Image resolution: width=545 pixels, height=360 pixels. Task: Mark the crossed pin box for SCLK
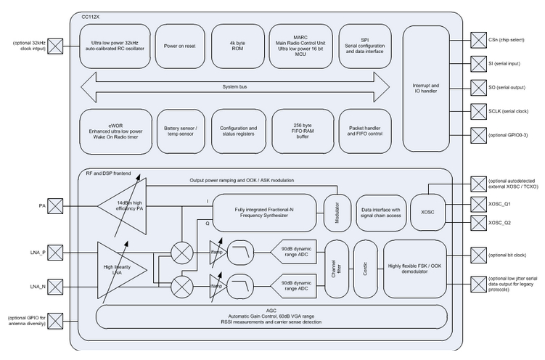pyautogui.click(x=478, y=110)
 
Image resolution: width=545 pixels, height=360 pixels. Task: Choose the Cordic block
pyautogui.click(x=366, y=269)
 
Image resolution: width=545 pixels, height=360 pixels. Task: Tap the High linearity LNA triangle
pyautogui.click(x=120, y=269)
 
